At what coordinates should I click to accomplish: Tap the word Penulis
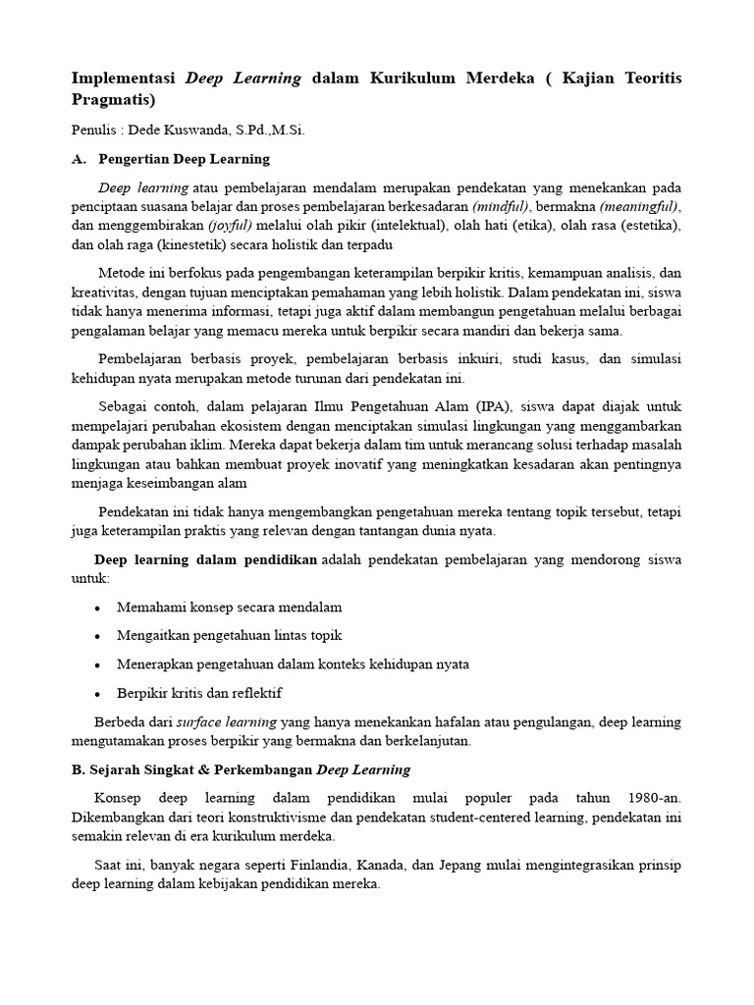point(93,130)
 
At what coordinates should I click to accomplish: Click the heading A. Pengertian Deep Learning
point(171,158)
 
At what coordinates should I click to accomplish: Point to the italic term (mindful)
point(501,206)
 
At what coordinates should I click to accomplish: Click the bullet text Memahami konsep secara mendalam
point(229,608)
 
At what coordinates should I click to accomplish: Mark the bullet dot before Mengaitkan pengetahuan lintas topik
point(97,637)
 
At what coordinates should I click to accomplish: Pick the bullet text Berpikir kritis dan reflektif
point(198,693)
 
